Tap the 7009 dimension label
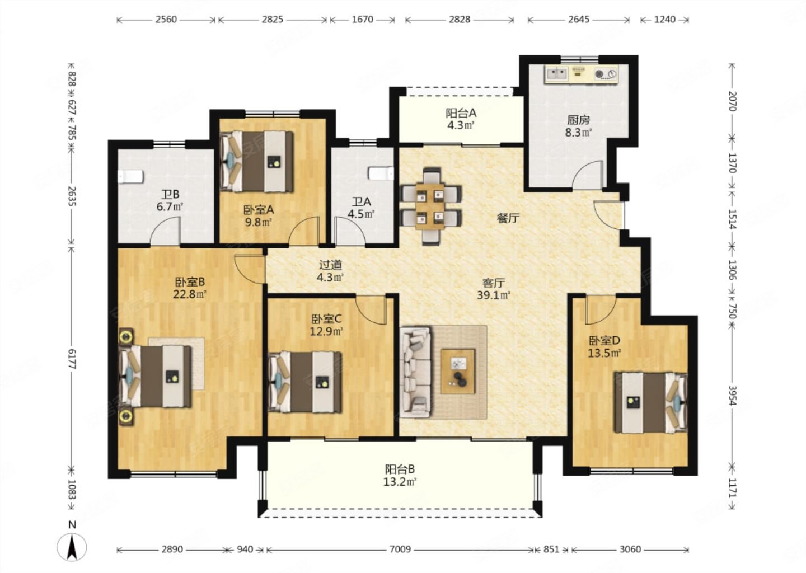tap(400, 549)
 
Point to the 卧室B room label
tap(190, 281)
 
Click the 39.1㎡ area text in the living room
tap(494, 295)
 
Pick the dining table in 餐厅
tap(430, 206)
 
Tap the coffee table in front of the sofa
tap(458, 371)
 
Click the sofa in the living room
tap(416, 372)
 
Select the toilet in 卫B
tap(130, 177)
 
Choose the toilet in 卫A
tap(381, 173)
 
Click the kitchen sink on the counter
tap(557, 74)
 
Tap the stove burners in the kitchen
tap(606, 74)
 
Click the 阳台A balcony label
tap(461, 113)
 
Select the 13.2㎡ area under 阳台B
tap(400, 482)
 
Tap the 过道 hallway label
tap(330, 265)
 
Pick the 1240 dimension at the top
tap(664, 20)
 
